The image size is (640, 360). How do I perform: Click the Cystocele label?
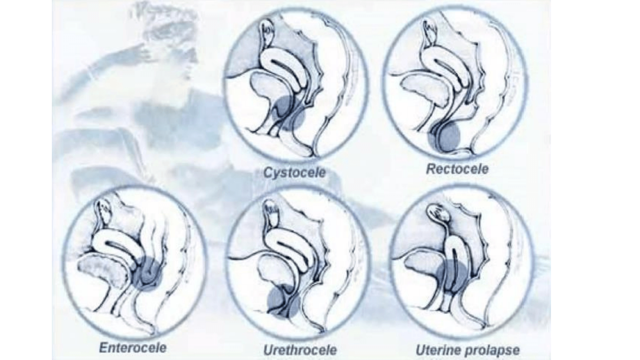point(294,172)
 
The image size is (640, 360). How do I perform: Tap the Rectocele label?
point(457,169)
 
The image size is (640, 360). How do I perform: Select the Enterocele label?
point(133,348)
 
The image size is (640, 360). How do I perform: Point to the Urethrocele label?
point(300,350)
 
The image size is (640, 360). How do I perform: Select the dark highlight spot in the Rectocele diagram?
point(444,137)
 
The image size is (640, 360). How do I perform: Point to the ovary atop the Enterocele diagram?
point(106,213)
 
